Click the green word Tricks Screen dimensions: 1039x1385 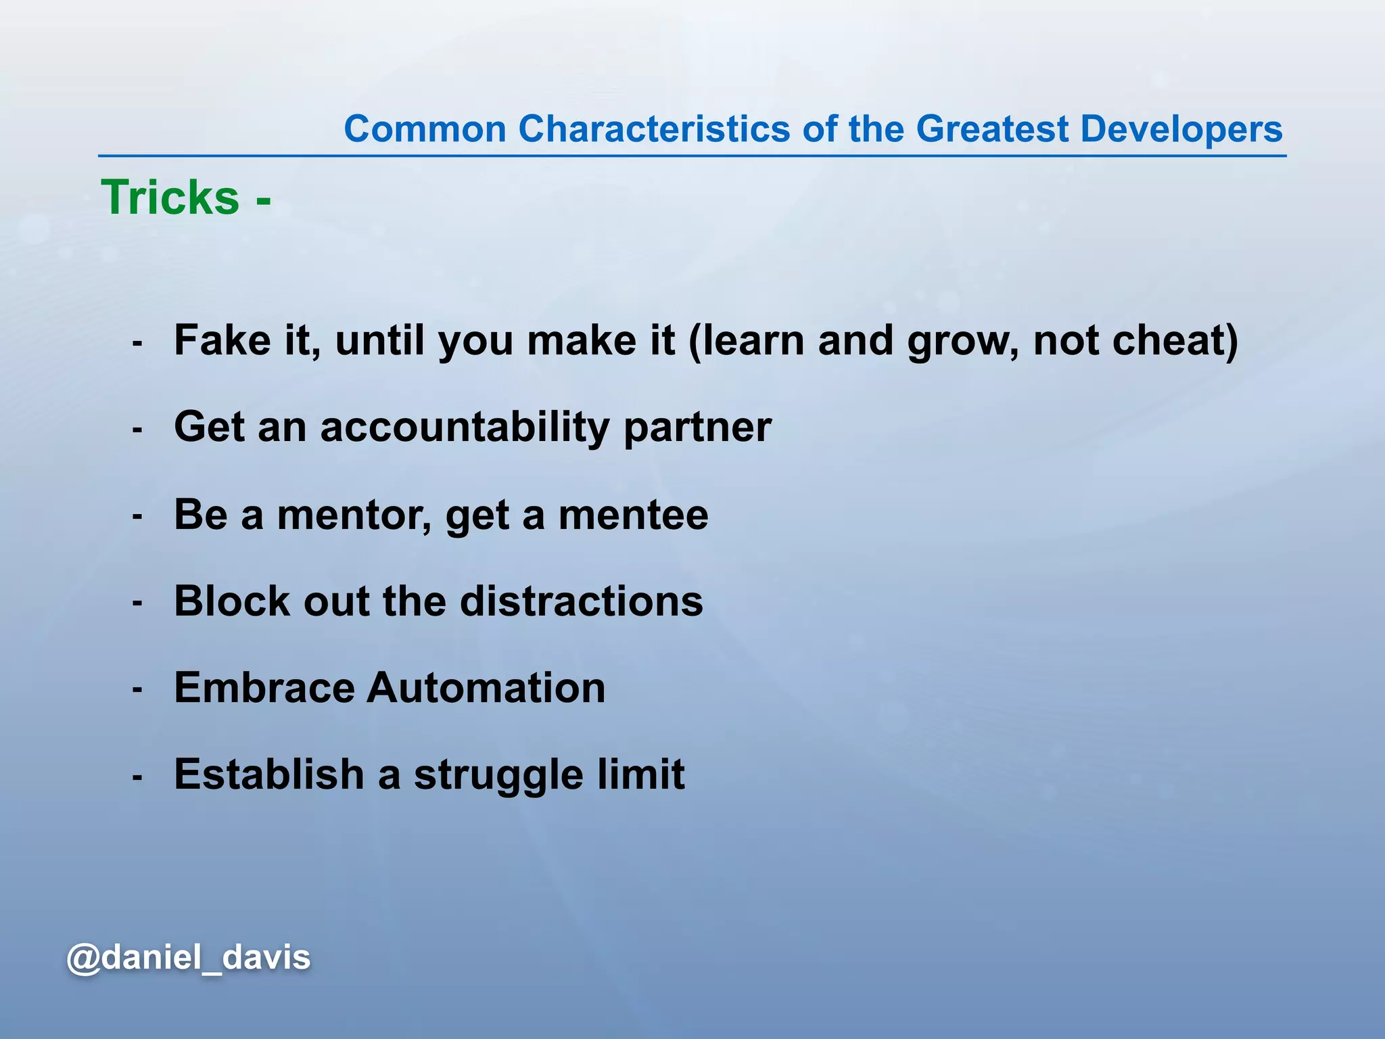pos(170,198)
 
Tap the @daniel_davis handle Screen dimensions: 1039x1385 pos(189,957)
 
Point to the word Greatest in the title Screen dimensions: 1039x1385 pos(992,129)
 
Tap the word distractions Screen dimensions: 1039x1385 pos(582,601)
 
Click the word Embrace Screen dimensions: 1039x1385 pos(264,687)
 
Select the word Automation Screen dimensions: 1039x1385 pos(486,687)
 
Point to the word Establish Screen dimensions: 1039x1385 pos(269,774)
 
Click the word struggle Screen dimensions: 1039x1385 pos(498,775)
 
